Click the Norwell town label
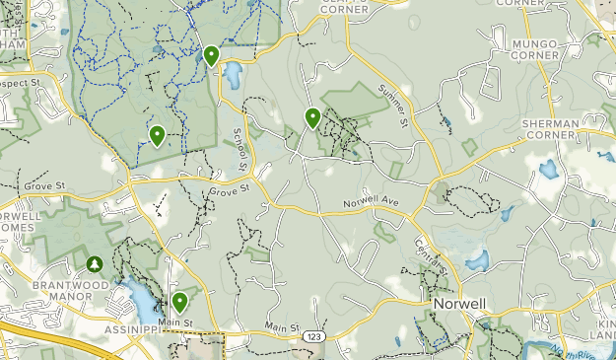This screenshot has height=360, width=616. [459, 306]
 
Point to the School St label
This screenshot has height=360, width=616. [239, 144]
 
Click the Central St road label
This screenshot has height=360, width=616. [431, 255]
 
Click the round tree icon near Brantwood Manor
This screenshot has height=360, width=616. [95, 264]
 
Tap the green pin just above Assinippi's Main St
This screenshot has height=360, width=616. [180, 302]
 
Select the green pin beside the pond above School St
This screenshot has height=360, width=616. [211, 55]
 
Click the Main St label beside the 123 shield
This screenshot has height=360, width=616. [281, 327]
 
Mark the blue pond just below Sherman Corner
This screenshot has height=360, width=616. [547, 169]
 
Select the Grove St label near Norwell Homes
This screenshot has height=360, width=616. [45, 184]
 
